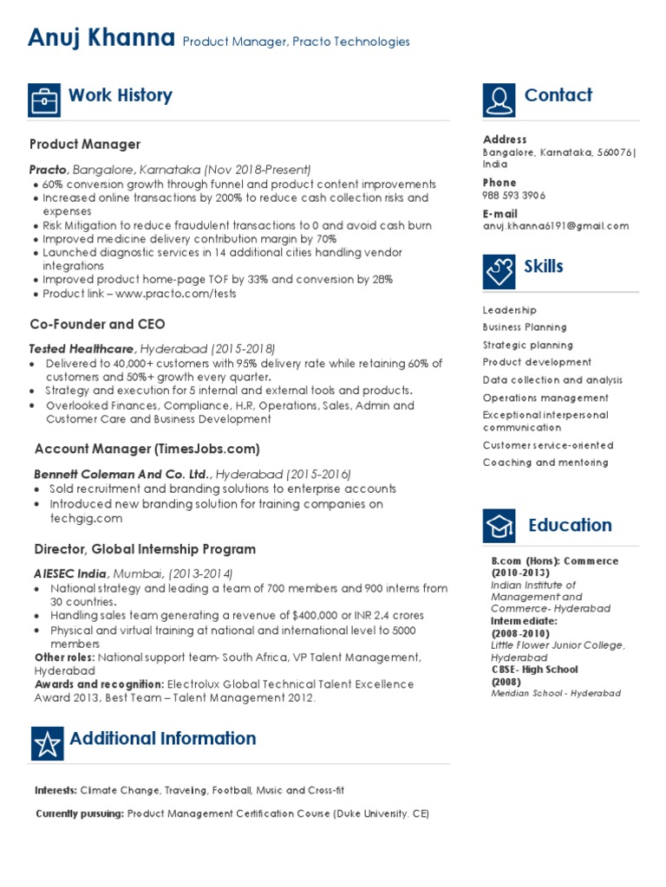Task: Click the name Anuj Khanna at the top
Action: click(x=101, y=38)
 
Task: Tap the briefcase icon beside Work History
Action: click(x=44, y=100)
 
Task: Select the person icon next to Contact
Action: click(x=499, y=100)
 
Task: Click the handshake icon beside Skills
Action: click(x=499, y=271)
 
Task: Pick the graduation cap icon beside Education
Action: click(x=499, y=527)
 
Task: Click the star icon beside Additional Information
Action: click(x=47, y=743)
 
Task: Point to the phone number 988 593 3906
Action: click(x=514, y=196)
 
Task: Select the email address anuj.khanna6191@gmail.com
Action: click(x=555, y=226)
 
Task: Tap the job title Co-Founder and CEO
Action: click(x=97, y=324)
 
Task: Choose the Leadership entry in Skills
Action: click(x=509, y=310)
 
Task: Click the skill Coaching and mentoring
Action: click(x=545, y=463)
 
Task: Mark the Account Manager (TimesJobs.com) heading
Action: click(x=147, y=449)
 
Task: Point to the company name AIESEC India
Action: click(x=71, y=574)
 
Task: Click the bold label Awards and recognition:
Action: click(x=99, y=684)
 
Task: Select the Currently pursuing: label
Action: click(x=80, y=814)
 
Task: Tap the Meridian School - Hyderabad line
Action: click(x=555, y=694)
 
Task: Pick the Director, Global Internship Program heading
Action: click(x=145, y=549)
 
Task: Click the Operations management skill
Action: click(x=545, y=398)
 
